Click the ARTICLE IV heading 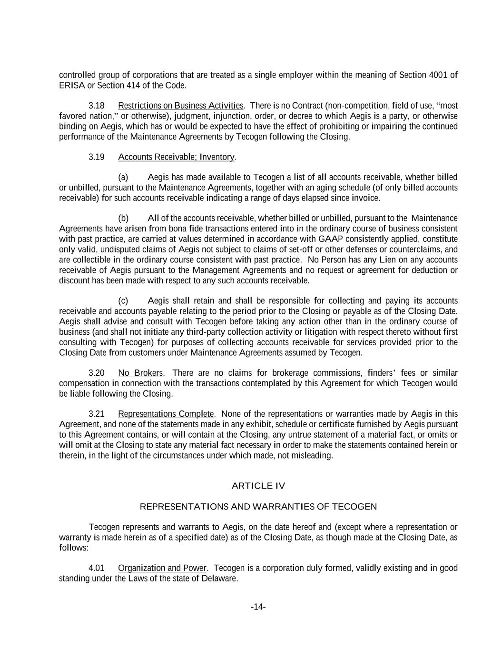pyautogui.click(x=258, y=486)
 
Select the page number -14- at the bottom pyautogui.click(x=258, y=607)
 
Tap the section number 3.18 pyautogui.click(x=97, y=106)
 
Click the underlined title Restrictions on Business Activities pyautogui.click(x=180, y=106)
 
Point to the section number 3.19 pyautogui.click(x=97, y=157)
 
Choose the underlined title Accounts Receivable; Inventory pyautogui.click(x=176, y=157)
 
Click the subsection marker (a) pyautogui.click(x=123, y=178)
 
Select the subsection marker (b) pyautogui.click(x=123, y=219)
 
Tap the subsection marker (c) pyautogui.click(x=123, y=301)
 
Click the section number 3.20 pyautogui.click(x=97, y=373)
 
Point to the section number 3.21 pyautogui.click(x=97, y=414)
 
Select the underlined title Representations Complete pyautogui.click(x=166, y=414)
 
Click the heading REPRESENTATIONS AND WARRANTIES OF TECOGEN pyautogui.click(x=258, y=507)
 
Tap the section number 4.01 pyautogui.click(x=97, y=568)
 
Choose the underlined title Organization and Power pyautogui.click(x=162, y=568)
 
